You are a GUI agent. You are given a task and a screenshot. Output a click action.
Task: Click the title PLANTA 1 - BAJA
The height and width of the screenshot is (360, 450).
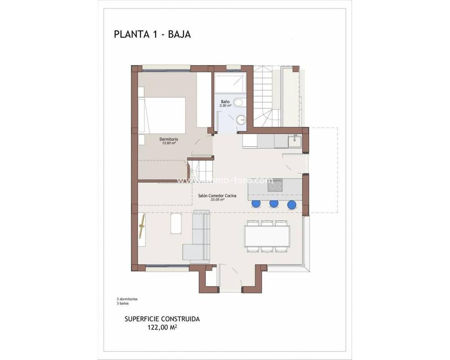[x=152, y=34]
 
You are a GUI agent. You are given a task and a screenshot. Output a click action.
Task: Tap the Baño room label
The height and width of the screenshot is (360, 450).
[x=225, y=102]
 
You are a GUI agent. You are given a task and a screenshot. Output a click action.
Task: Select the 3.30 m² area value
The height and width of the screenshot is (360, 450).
[x=225, y=106]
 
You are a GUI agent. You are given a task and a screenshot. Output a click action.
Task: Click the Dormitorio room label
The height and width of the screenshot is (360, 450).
[x=169, y=139]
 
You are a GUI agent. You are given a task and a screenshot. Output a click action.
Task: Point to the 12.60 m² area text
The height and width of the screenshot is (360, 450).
[x=169, y=143]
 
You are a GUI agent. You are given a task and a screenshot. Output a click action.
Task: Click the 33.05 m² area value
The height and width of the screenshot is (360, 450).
[x=217, y=200]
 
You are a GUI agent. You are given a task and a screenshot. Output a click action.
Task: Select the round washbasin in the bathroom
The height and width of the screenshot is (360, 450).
[x=241, y=120]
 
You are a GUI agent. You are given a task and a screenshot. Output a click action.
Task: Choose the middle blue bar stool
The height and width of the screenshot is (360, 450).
[x=274, y=204]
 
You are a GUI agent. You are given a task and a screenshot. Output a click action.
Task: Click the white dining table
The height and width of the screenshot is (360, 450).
[x=267, y=236]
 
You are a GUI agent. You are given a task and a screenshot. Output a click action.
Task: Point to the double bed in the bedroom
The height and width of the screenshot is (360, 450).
[x=162, y=114]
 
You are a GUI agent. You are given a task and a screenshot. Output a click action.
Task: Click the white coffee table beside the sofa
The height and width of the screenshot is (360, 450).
[x=175, y=225]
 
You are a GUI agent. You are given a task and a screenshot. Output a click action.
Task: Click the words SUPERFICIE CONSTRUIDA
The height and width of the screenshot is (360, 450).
[x=162, y=319]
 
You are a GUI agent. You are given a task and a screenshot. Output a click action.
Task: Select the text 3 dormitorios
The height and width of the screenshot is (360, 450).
[x=127, y=299]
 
